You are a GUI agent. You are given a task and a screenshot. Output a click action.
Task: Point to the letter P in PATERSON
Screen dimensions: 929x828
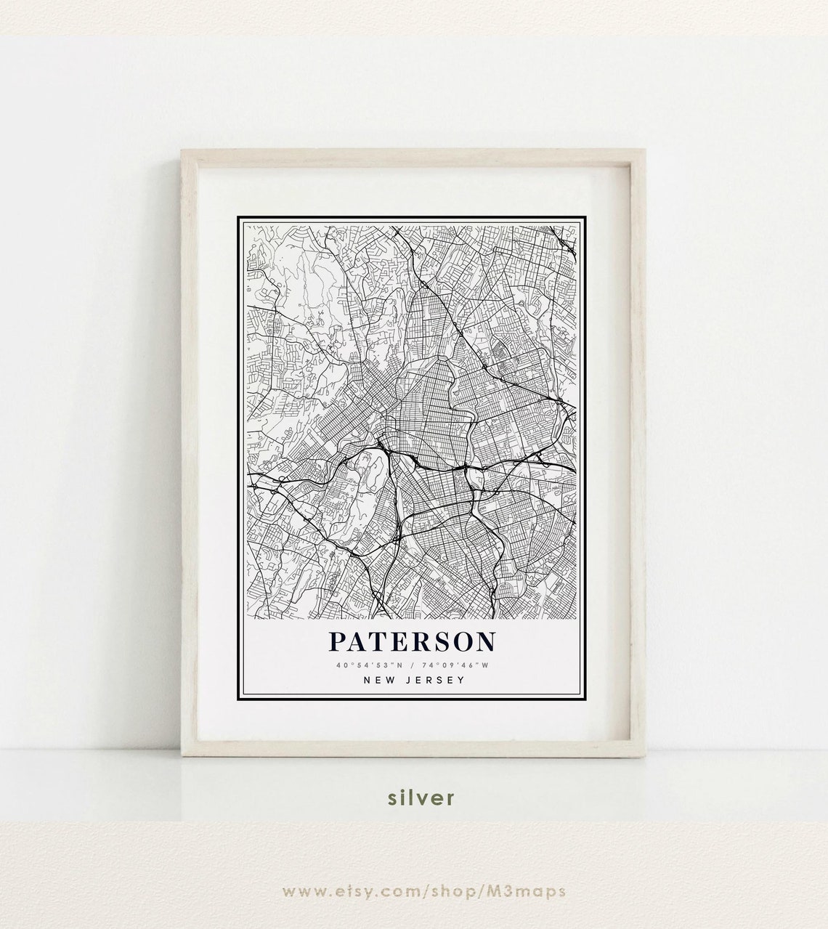pyautogui.click(x=337, y=641)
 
